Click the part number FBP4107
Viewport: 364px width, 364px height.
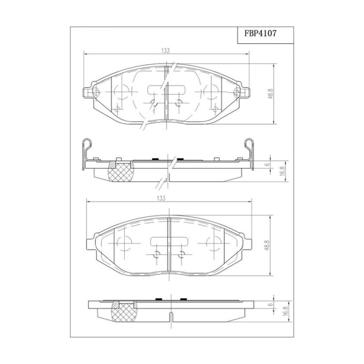(260, 33)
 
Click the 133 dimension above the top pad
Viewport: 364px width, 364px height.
(165, 50)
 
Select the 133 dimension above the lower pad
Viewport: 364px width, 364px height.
(161, 198)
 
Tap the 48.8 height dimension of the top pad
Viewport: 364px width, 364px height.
(270, 94)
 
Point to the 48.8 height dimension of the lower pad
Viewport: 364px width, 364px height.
(266, 245)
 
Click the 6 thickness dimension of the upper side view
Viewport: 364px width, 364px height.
(267, 164)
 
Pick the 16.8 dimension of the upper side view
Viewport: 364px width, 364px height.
(282, 171)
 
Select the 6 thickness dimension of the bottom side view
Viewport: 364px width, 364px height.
(270, 304)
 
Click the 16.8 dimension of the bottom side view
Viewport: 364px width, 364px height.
(286, 311)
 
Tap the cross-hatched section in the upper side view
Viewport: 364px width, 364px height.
(121, 172)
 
